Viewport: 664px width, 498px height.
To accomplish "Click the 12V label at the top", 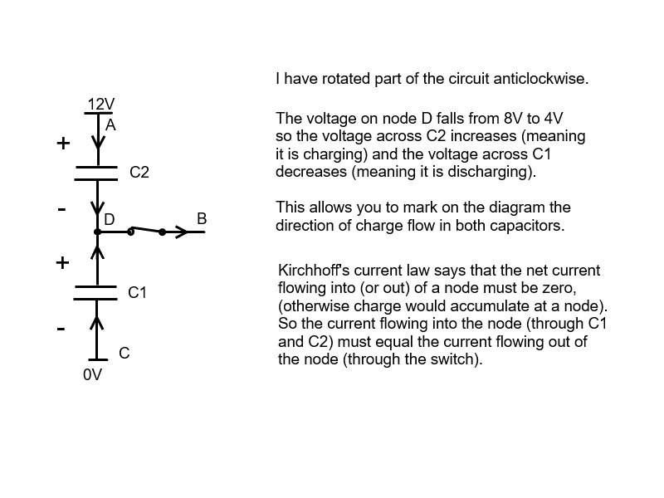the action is (x=100, y=105).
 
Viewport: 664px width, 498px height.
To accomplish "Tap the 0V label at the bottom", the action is (x=92, y=375).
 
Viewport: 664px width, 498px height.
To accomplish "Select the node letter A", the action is (x=110, y=125).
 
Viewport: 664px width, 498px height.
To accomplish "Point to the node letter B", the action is (x=202, y=219).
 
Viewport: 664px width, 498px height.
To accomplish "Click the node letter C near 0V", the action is (x=124, y=354).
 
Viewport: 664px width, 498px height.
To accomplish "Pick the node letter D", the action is (x=110, y=219).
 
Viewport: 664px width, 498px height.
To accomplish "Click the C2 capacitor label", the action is (x=139, y=173).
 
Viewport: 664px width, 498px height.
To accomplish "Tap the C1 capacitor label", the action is (x=137, y=293).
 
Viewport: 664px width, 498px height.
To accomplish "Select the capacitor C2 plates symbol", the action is (x=96, y=173).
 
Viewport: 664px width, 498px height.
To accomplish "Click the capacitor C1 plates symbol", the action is (x=95, y=293).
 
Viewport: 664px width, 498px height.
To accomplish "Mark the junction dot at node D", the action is (x=97, y=232).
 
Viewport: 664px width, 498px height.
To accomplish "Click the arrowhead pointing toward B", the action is (x=182, y=232).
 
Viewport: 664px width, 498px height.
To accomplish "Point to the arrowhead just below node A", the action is (x=98, y=142).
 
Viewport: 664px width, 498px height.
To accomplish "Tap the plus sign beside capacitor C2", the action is (x=63, y=144).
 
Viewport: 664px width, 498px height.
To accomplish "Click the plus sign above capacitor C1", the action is (x=62, y=263).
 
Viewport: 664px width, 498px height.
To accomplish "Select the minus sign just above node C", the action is (x=61, y=329).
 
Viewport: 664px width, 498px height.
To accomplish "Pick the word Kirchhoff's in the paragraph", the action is (x=314, y=271).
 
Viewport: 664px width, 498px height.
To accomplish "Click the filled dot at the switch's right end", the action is (x=162, y=232).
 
